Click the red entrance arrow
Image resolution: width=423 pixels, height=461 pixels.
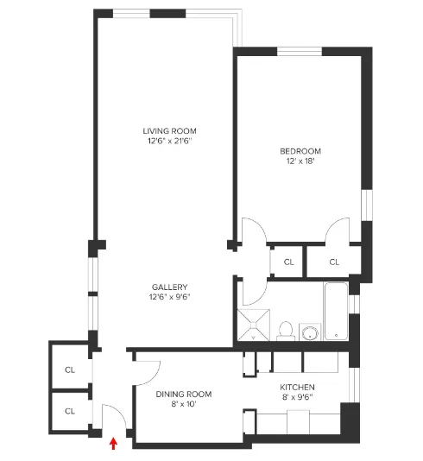[113, 444]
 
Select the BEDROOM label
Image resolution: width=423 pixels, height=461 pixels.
[300, 149]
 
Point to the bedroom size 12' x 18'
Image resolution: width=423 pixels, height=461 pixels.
[300, 161]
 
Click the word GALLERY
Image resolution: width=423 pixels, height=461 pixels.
[170, 287]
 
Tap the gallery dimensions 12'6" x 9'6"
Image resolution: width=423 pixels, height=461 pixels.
[170, 298]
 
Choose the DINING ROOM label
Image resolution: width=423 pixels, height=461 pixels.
[184, 395]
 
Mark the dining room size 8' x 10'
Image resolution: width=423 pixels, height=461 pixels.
[184, 405]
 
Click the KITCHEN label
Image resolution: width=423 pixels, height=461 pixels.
[297, 388]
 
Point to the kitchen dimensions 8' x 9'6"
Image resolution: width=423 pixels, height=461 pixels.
[297, 399]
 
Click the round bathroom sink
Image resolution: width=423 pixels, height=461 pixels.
[308, 332]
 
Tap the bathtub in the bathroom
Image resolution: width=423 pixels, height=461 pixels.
[334, 311]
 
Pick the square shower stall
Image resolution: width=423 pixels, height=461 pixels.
[253, 325]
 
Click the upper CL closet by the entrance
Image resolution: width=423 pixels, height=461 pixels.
[69, 369]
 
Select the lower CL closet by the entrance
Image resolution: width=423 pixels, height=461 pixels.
[69, 411]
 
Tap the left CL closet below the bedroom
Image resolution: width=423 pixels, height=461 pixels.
[288, 262]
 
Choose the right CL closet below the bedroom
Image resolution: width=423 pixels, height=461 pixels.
[334, 262]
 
